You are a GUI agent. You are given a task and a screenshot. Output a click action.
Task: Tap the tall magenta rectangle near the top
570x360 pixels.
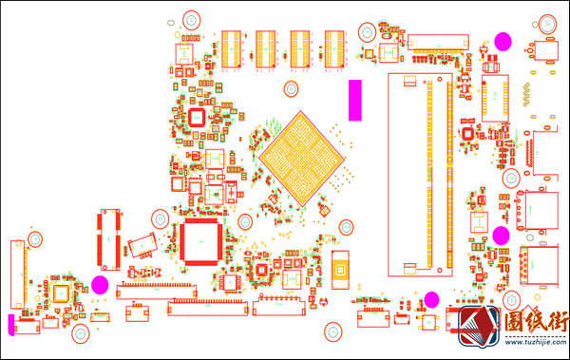coord(354,100)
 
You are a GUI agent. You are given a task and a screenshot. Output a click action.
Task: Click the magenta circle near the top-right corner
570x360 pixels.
coord(503,40)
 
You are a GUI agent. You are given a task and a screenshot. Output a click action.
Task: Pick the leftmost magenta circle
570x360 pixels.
coord(99,284)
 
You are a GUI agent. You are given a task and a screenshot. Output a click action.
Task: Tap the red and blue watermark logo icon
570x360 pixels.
coord(478,327)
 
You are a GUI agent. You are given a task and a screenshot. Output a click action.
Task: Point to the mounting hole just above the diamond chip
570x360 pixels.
coord(294,88)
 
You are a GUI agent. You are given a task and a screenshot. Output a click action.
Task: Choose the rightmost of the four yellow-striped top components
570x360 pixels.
coord(336,48)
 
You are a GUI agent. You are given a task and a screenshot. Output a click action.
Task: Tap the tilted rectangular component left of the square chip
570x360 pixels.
coord(142,245)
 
